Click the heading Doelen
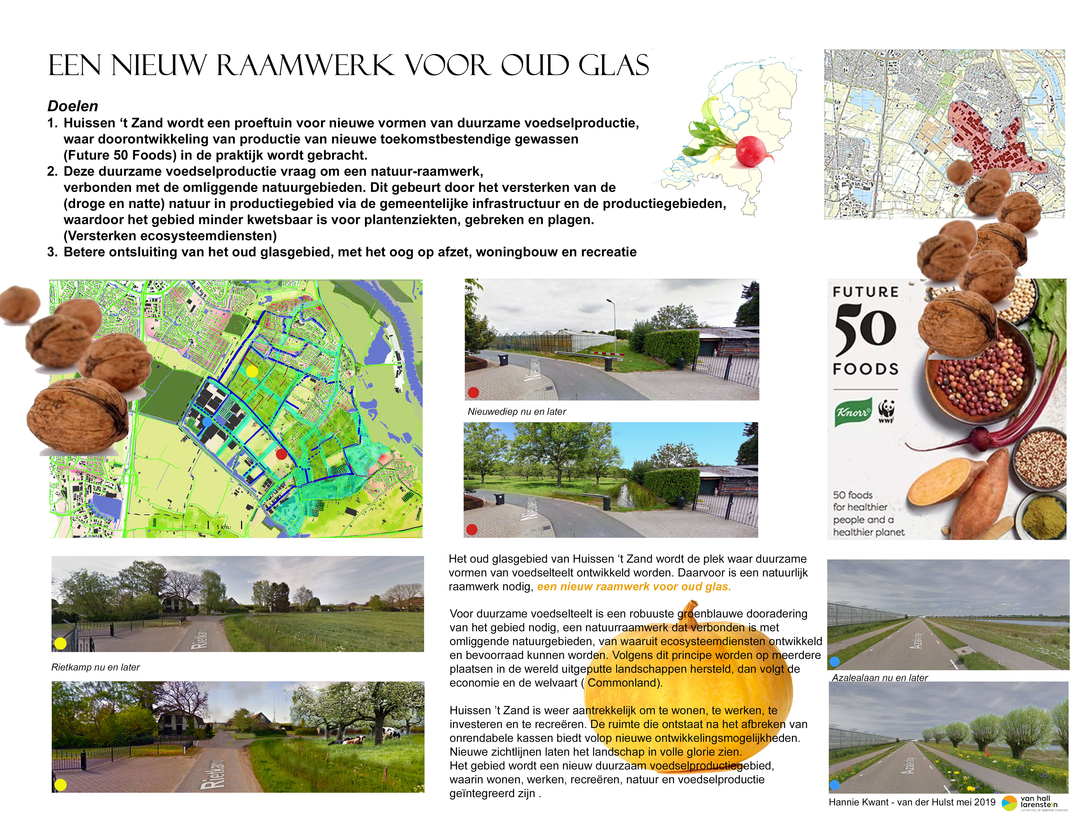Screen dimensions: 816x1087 click(x=73, y=106)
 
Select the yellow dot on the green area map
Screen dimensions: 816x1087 click(x=252, y=371)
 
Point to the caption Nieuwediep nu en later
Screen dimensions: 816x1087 click(x=517, y=412)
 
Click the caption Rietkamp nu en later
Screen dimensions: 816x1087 click(x=95, y=667)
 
